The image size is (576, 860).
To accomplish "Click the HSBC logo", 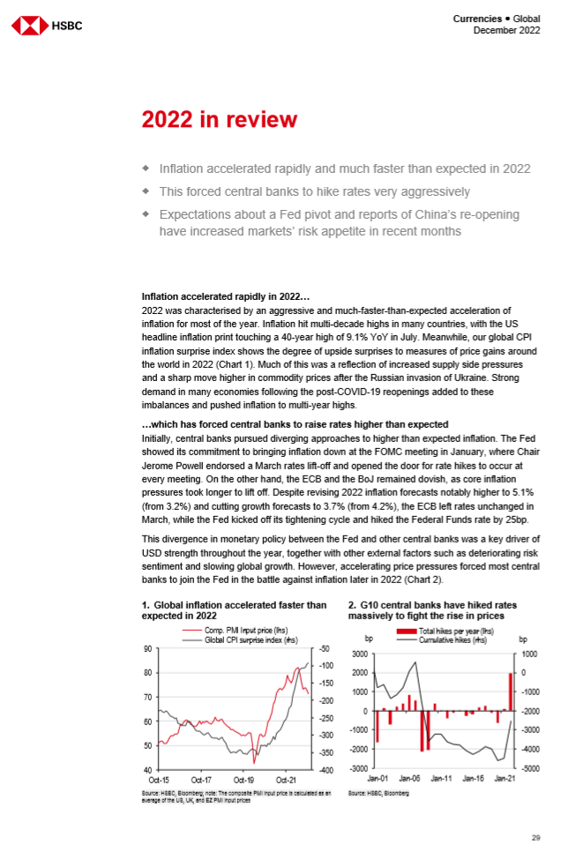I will coord(47,26).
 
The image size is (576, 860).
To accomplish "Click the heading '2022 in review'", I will coord(220,119).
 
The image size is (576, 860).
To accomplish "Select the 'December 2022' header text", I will coord(507,31).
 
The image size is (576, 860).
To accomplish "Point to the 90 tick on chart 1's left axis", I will coord(147,648).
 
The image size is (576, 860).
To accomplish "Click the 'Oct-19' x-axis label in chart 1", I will coord(243,780).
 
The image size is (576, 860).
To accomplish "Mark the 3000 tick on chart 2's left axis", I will coord(358,654).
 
